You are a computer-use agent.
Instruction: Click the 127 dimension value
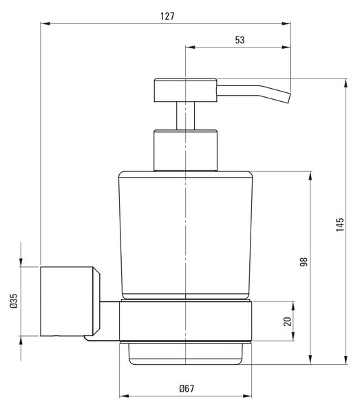point(167,17)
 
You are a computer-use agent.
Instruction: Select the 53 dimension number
point(240,40)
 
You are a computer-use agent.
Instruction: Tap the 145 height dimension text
point(340,224)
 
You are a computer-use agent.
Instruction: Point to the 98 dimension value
point(304,262)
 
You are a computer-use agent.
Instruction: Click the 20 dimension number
point(287,321)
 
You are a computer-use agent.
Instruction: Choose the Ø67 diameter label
point(187,388)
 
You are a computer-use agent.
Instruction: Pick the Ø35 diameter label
point(14,301)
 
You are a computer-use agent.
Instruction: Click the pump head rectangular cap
point(185,90)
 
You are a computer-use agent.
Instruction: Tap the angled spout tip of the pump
point(288,98)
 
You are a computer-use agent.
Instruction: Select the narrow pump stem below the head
point(186,116)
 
